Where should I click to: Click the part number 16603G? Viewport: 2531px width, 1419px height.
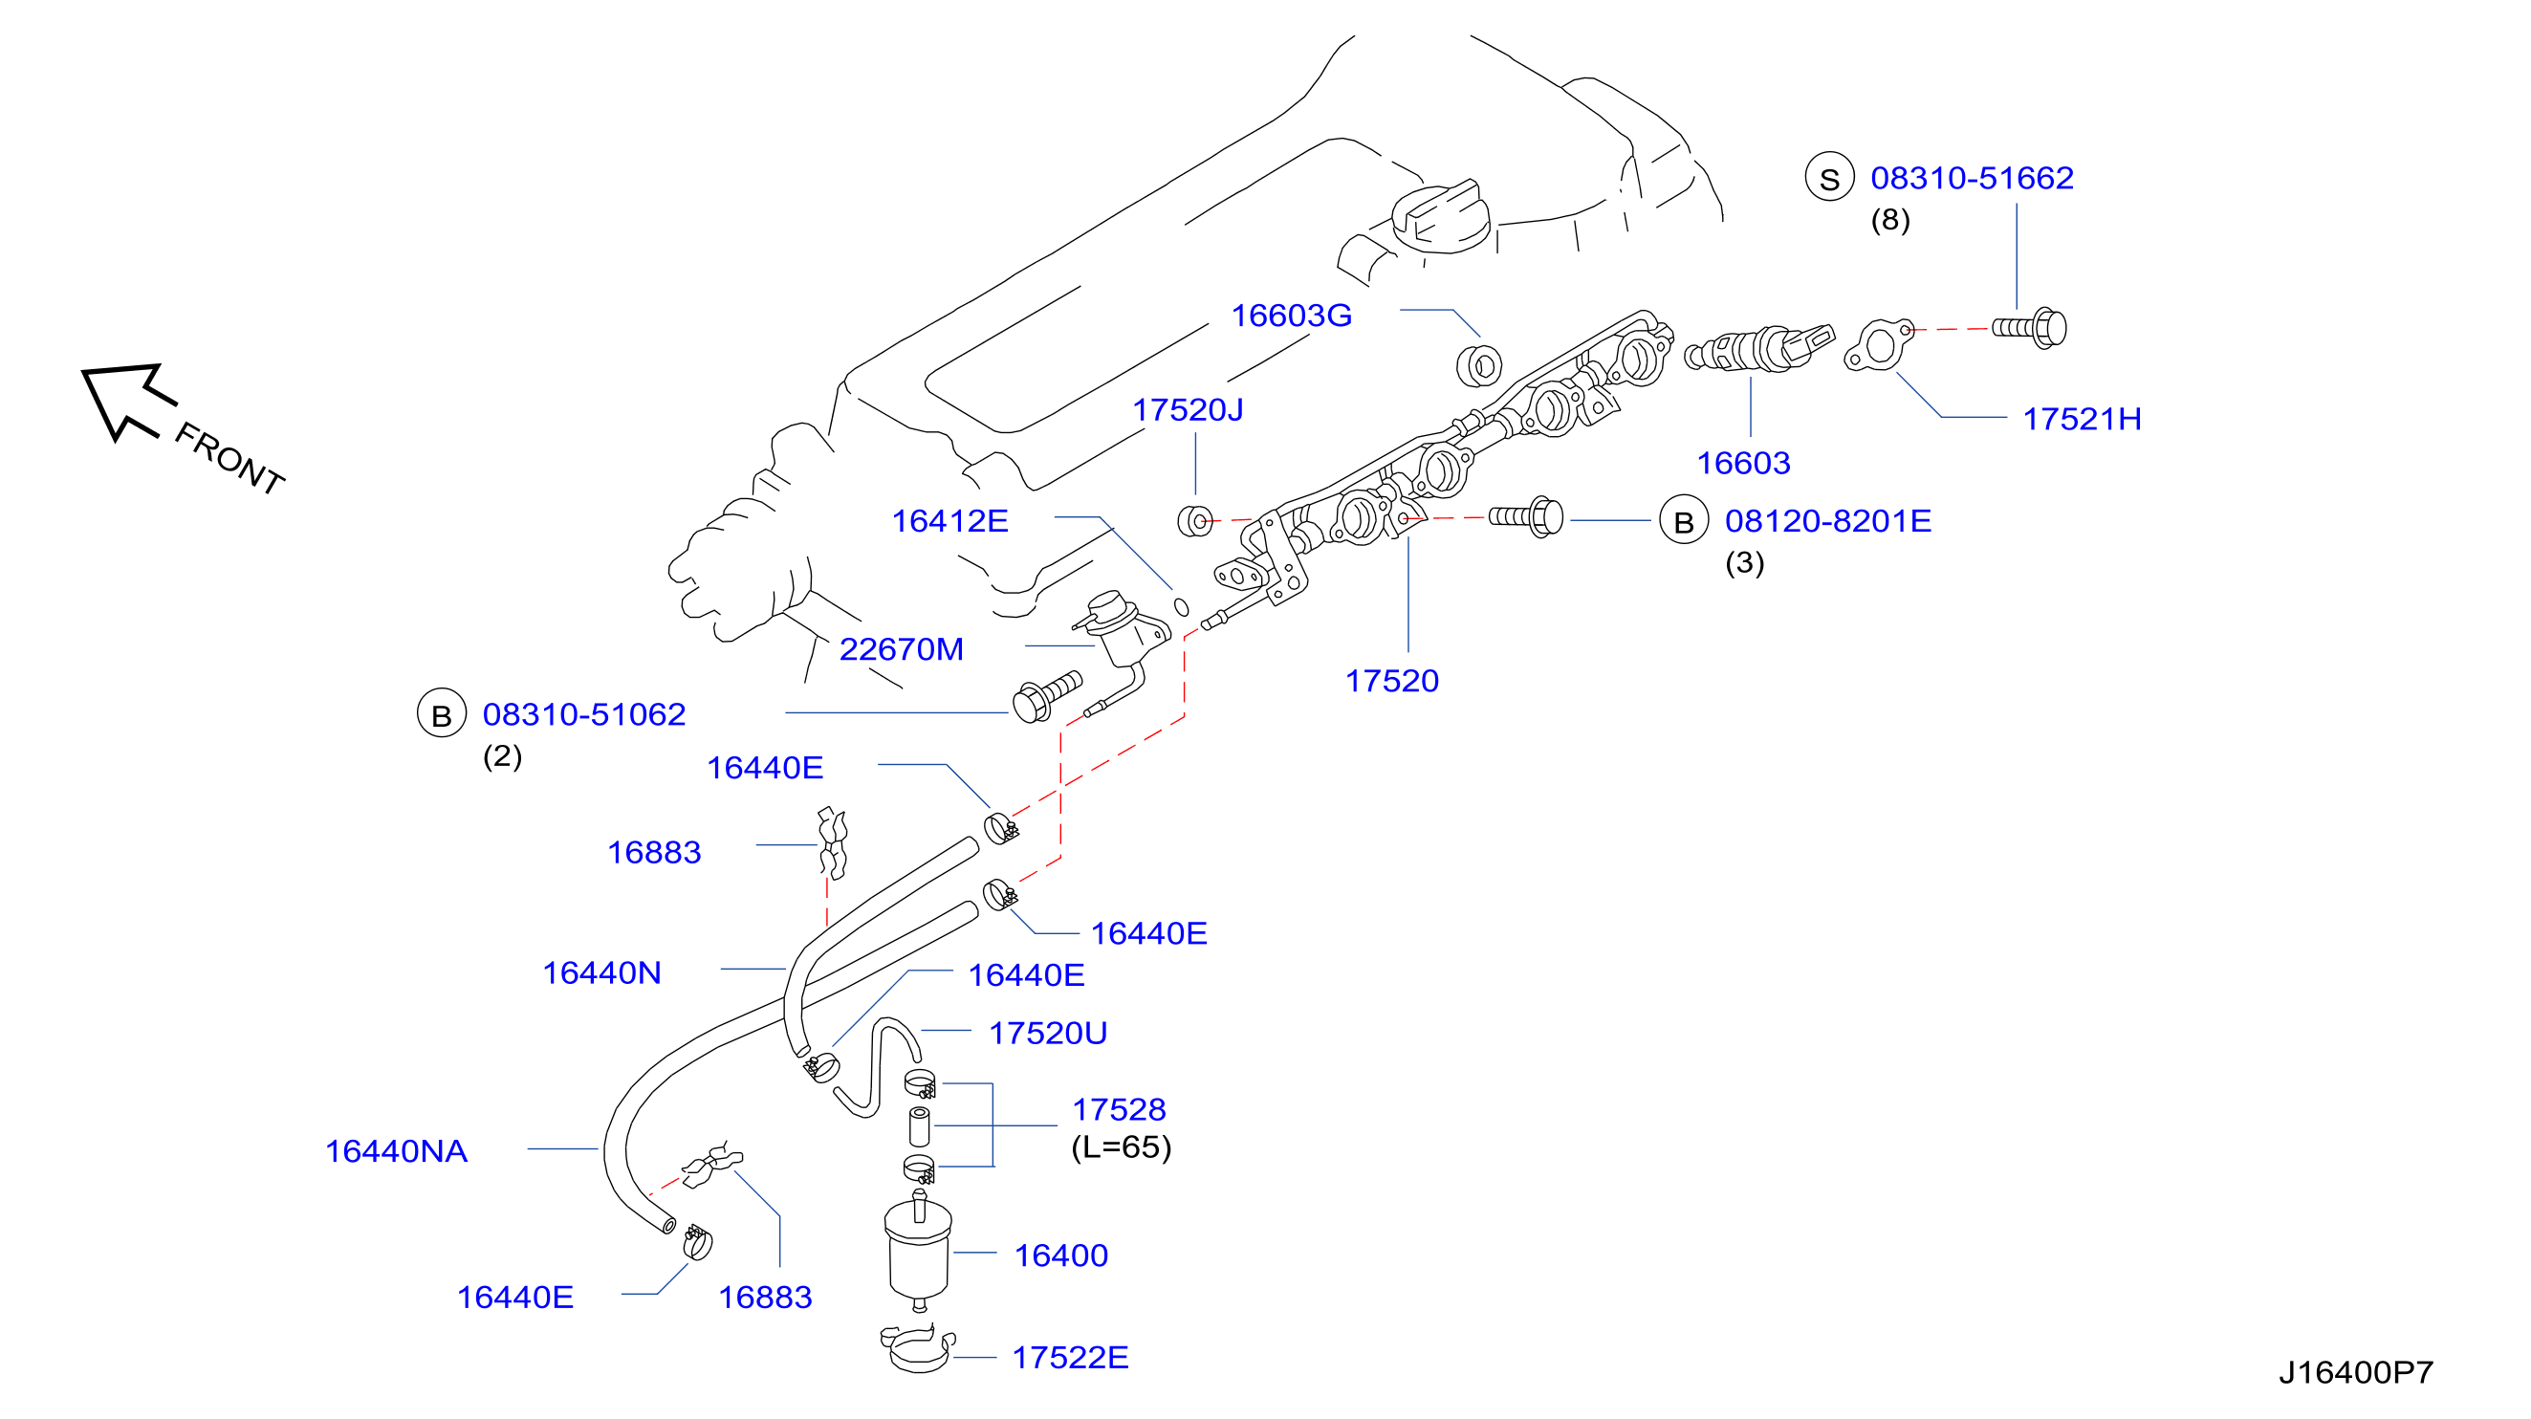click(x=1291, y=316)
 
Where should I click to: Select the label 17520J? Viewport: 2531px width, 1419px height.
click(x=1187, y=410)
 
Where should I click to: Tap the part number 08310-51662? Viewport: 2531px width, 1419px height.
click(x=1971, y=178)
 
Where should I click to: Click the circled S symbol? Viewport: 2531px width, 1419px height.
click(x=1828, y=178)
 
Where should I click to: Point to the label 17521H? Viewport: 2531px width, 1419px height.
click(x=2081, y=420)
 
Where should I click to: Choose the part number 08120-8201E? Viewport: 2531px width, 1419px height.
click(x=1827, y=521)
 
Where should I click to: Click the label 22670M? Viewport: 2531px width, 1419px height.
click(x=901, y=649)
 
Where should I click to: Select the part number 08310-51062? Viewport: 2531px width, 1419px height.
click(x=583, y=714)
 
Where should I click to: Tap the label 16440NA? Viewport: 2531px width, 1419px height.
click(x=396, y=1150)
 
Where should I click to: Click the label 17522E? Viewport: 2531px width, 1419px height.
click(x=1070, y=1357)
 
